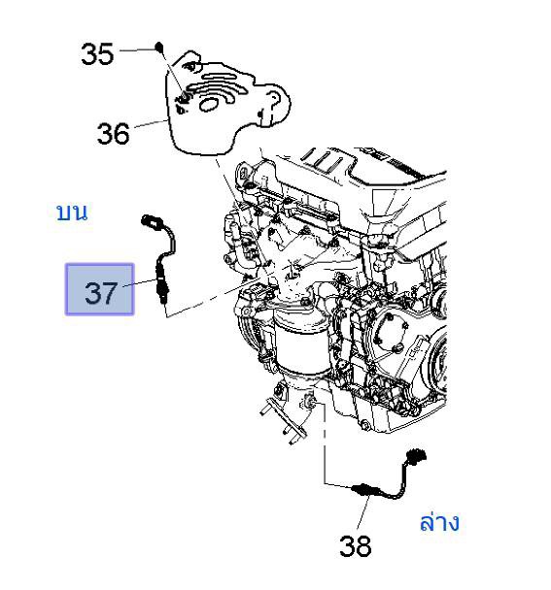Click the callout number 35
pyautogui.click(x=97, y=54)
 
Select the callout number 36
pyautogui.click(x=113, y=134)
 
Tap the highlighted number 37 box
pyautogui.click(x=99, y=289)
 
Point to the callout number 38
pyautogui.click(x=355, y=546)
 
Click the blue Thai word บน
pyautogui.click(x=72, y=213)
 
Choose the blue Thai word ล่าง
pyautogui.click(x=439, y=522)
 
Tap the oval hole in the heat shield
pyautogui.click(x=208, y=104)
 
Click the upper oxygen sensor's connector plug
pyautogui.click(x=150, y=221)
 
